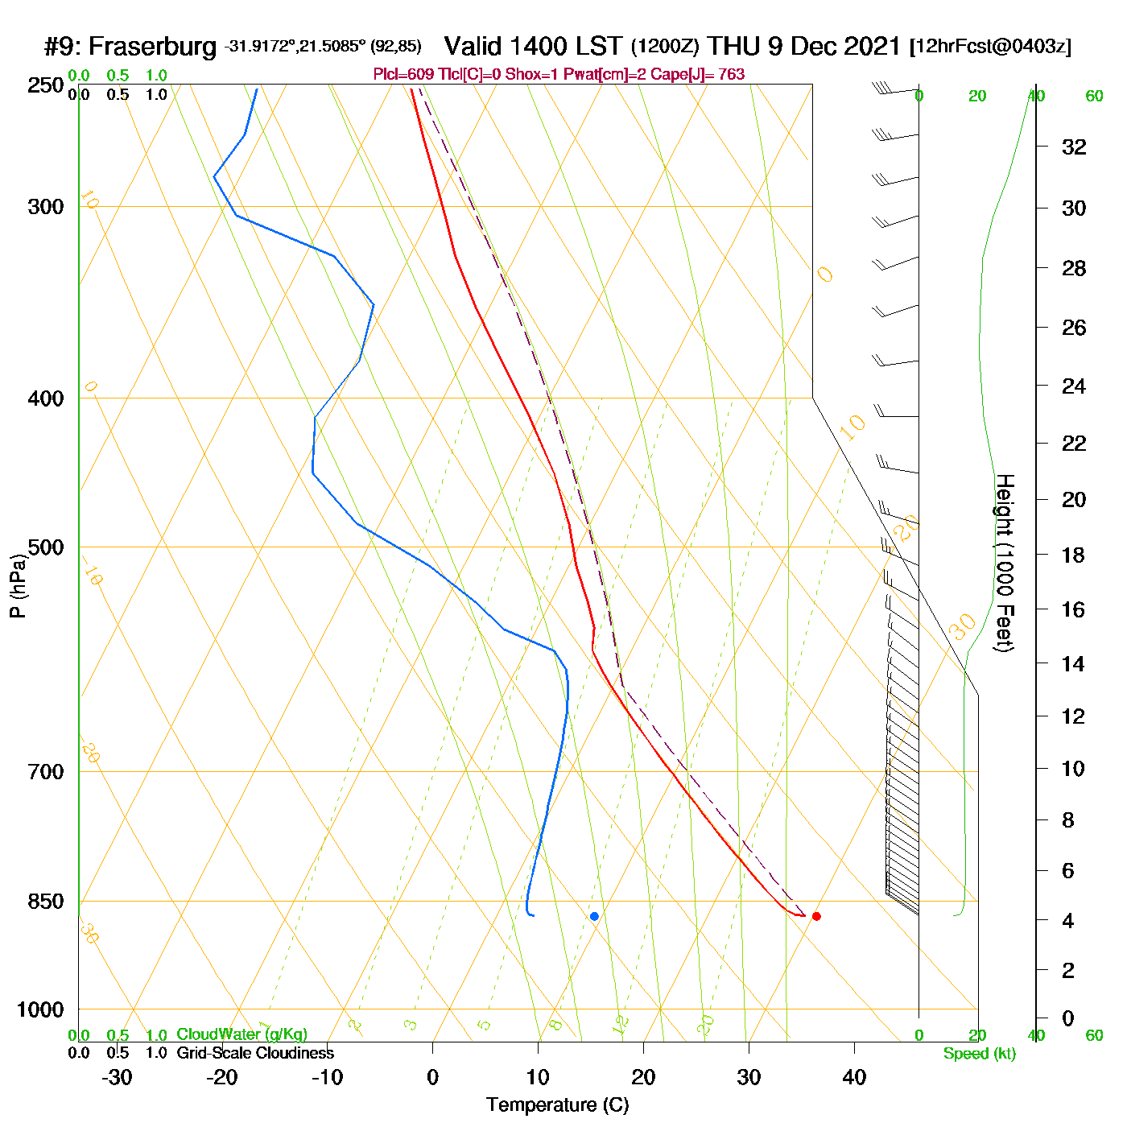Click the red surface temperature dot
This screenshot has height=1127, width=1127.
coord(816,916)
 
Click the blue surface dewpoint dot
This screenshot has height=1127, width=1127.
coord(594,916)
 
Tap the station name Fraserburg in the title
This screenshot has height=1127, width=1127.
coord(152,47)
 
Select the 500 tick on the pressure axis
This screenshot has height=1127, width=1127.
coord(47,547)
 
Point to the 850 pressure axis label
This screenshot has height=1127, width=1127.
coord(47,902)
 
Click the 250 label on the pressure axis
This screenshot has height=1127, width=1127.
coord(47,85)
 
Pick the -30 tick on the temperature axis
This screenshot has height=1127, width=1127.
coord(117,1077)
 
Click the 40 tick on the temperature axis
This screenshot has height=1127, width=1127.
coord(854,1077)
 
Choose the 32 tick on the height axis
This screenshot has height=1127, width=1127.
coord(1074,147)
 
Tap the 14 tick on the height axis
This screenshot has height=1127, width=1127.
coord(1074,664)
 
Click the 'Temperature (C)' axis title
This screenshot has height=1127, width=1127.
coord(557,1105)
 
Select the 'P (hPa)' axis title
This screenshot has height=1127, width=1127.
coord(18,586)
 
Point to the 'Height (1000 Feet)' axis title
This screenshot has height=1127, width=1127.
coord(1004,563)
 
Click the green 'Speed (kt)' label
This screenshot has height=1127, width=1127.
coord(979,1054)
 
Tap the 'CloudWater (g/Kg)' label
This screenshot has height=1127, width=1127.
coord(242,1034)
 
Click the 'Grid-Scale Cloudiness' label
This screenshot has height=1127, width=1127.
coord(255,1053)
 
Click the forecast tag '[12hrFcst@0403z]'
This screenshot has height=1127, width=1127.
coord(989,47)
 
